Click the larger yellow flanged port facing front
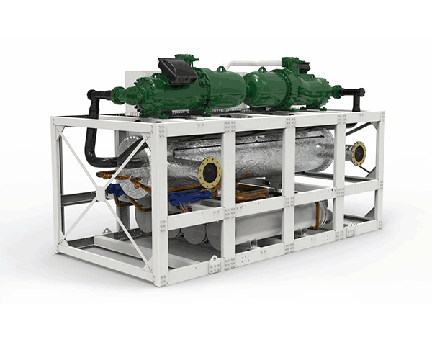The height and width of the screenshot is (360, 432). click(x=210, y=172)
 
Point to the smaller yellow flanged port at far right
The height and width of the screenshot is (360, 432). click(x=357, y=153)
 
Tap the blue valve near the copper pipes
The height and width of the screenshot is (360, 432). click(x=115, y=191)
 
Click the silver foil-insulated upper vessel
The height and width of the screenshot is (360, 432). click(x=259, y=155)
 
